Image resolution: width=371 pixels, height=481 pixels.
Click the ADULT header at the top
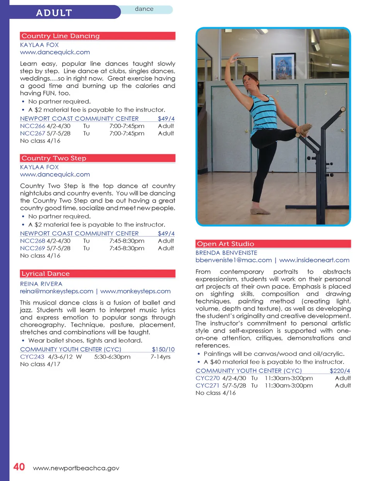coord(54,13)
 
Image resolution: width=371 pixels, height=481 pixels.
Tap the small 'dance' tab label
coord(144,9)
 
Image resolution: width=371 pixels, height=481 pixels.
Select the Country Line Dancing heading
coord(61,36)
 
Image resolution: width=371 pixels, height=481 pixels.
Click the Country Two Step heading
coord(54,158)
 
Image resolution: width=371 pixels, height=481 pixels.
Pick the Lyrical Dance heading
coord(46,274)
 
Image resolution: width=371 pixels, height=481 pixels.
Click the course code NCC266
coord(32,126)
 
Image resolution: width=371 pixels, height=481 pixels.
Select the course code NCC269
coord(32,248)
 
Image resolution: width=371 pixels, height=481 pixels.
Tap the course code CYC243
coord(32,357)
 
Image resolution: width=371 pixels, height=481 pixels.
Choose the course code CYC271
coord(207,386)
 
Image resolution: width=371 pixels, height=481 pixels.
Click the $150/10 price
coord(163,349)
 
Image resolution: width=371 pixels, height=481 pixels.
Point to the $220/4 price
coord(340,371)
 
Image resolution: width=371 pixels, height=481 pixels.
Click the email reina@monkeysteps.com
coord(57,291)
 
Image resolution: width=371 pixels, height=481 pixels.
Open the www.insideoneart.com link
coord(314,260)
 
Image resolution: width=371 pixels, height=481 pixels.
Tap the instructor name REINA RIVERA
coord(41,284)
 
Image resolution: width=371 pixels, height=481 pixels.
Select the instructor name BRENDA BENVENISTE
coord(226,253)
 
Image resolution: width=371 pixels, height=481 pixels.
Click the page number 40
coord(19,467)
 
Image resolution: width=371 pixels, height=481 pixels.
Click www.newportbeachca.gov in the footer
coord(76,468)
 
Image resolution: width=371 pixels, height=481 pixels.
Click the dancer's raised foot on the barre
coord(305,129)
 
